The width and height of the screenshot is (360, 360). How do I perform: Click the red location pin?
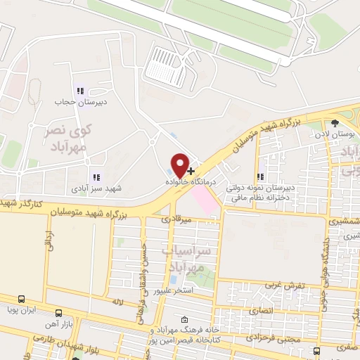pos(181,165)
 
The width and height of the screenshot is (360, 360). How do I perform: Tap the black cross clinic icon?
pos(191,171)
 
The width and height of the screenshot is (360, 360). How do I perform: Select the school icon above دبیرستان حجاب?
pos(79,91)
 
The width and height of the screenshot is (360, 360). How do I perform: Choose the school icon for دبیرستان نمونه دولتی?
pos(260,177)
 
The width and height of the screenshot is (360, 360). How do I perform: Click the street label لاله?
pos(118,301)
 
